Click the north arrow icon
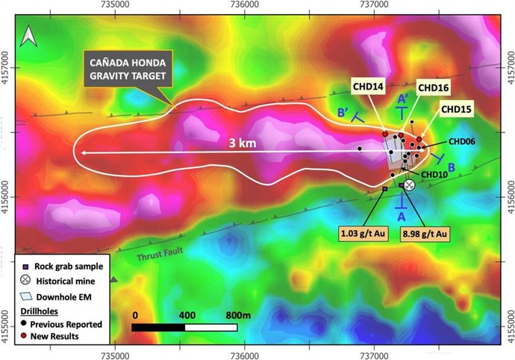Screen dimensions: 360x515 [x=28, y=34]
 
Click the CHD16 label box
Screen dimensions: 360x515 [x=433, y=87]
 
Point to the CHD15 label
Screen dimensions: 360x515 [x=456, y=109]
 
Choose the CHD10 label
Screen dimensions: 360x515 [x=434, y=174]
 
